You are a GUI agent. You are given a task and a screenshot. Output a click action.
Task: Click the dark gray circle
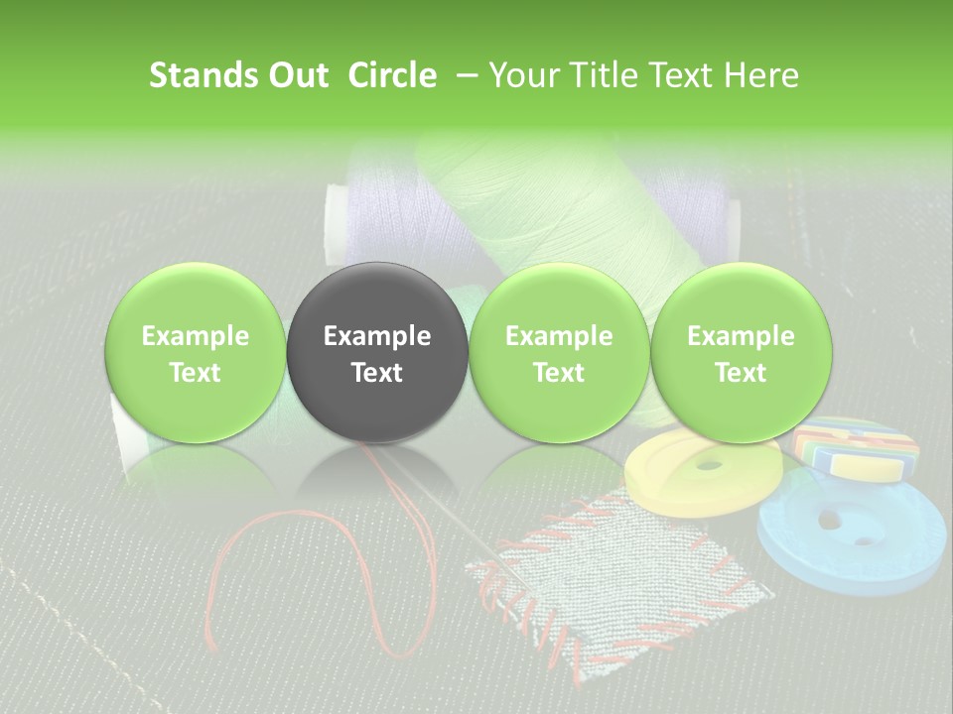tap(377, 353)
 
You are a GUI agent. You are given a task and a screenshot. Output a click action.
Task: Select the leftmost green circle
tap(196, 353)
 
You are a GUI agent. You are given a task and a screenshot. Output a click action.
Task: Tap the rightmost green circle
tap(741, 353)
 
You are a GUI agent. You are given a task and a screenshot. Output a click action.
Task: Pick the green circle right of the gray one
tap(559, 353)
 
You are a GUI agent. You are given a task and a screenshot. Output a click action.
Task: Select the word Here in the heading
tap(762, 75)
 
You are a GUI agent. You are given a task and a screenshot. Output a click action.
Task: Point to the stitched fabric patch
tap(615, 575)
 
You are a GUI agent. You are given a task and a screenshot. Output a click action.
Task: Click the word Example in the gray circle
tap(377, 336)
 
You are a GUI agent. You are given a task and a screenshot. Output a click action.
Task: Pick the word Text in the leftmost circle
tap(196, 373)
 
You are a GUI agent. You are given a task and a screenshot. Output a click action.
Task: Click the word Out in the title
tap(299, 75)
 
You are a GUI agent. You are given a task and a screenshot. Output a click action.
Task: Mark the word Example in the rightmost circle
tap(741, 336)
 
